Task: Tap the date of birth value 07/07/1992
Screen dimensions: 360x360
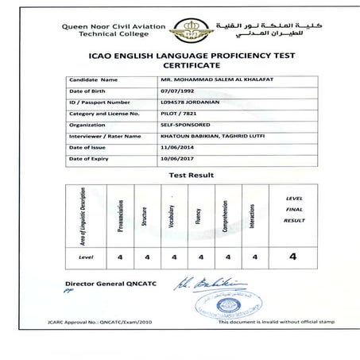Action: click(x=176, y=91)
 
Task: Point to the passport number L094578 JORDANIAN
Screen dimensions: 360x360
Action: click(x=190, y=103)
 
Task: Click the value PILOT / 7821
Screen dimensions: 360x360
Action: click(x=180, y=114)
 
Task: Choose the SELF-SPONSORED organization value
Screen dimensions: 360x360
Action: click(x=184, y=125)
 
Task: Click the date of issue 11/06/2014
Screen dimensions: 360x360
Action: click(x=176, y=147)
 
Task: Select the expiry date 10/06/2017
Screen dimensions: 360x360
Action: click(x=176, y=158)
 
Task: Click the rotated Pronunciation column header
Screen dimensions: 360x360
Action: click(x=121, y=215)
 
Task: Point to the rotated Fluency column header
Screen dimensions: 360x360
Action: click(x=199, y=215)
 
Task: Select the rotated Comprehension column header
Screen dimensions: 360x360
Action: click(x=226, y=215)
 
